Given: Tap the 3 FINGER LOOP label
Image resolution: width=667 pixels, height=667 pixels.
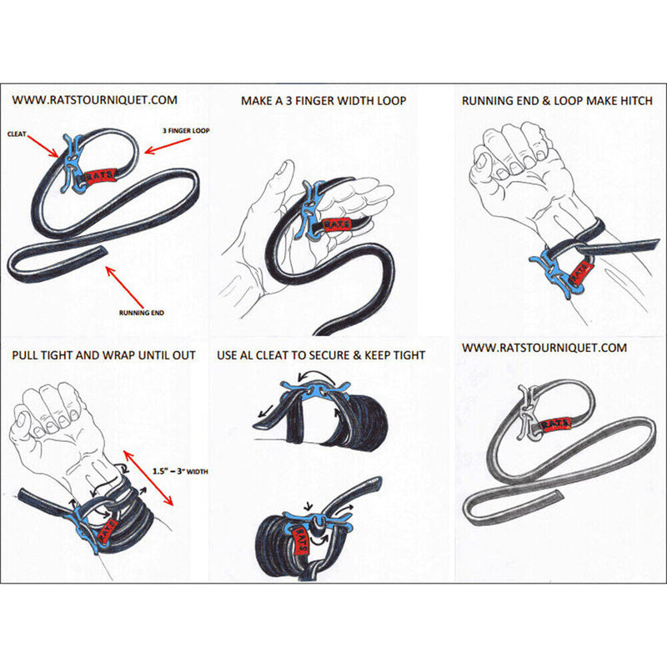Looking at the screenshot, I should [x=185, y=130].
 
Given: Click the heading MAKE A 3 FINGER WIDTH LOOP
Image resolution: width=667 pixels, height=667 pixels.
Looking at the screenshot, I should [x=323, y=101].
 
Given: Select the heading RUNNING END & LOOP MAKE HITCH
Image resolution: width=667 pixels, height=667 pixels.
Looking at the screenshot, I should [x=557, y=101].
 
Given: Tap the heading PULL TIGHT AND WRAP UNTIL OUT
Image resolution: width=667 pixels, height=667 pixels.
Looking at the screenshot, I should [x=104, y=355].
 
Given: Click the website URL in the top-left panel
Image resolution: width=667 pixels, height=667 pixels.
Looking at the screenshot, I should [x=94, y=100].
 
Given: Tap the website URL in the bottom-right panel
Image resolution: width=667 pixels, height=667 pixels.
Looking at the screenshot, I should [x=544, y=347].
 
